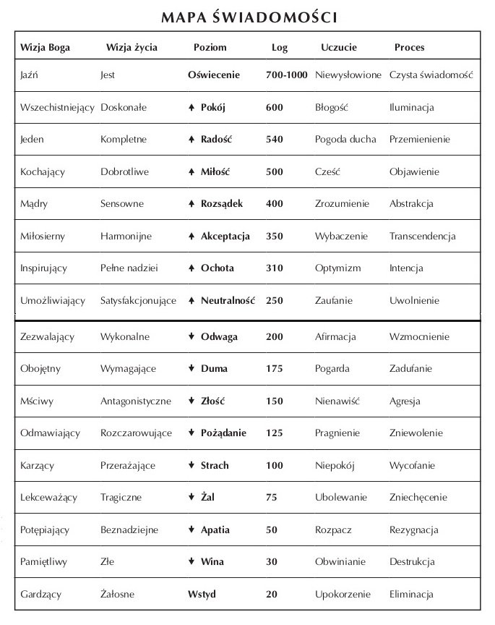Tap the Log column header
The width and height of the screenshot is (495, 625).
click(280, 48)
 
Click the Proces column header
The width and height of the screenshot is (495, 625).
click(409, 48)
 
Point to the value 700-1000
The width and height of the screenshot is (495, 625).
click(287, 75)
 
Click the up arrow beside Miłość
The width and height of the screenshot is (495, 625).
click(191, 172)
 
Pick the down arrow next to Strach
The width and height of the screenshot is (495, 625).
click(191, 465)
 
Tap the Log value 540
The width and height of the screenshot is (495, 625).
click(275, 140)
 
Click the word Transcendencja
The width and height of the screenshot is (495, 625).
click(422, 237)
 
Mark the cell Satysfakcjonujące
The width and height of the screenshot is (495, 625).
click(138, 301)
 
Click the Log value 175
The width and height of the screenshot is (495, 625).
click(275, 369)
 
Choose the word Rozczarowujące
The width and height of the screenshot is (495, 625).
click(136, 433)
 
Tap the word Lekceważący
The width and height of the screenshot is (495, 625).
click(48, 498)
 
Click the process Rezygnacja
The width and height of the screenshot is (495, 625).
click(413, 530)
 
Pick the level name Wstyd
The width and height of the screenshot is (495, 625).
click(202, 595)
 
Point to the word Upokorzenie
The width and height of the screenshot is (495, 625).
click(343, 595)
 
